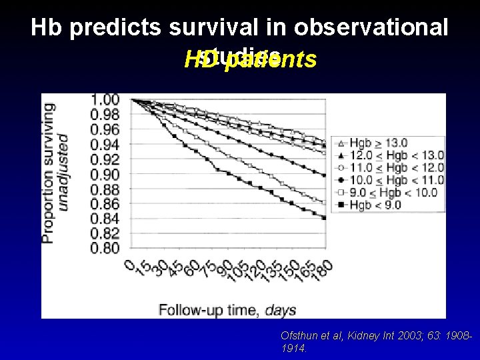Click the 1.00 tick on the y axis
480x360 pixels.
click(x=105, y=100)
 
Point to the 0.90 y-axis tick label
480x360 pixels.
click(x=105, y=174)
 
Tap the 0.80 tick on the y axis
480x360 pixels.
click(x=105, y=248)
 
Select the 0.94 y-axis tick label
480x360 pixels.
click(x=105, y=145)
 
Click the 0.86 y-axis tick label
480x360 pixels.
click(x=105, y=203)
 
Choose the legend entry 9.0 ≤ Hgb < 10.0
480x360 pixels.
click(x=390, y=193)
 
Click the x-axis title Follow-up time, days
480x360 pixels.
click(x=227, y=309)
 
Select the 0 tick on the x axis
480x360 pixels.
click(x=131, y=264)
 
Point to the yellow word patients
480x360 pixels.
click(x=271, y=60)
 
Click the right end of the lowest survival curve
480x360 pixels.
click(x=324, y=217)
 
